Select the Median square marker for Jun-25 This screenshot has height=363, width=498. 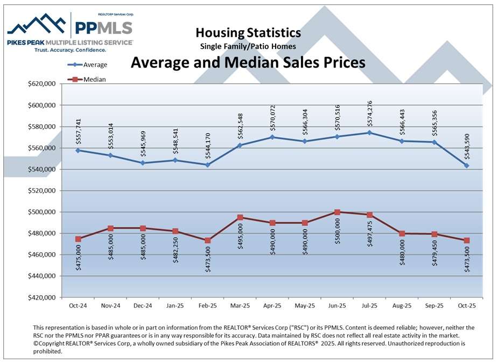click(x=338, y=212)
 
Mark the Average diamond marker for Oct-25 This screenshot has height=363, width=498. click(x=467, y=166)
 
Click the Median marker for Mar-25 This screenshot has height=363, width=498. click(x=240, y=217)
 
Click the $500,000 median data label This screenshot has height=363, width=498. click(x=337, y=232)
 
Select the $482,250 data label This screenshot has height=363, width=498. click(x=176, y=251)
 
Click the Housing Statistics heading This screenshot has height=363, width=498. click(x=248, y=33)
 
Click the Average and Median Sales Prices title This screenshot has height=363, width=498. click(x=248, y=62)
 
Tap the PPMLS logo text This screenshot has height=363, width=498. click(x=103, y=27)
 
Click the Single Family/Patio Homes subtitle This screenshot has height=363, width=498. click(x=248, y=46)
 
